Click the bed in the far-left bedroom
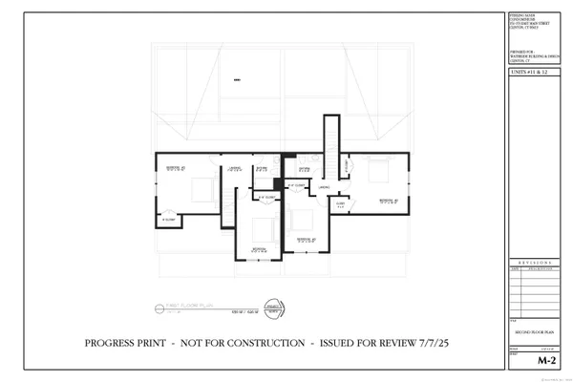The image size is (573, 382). tap(203, 191)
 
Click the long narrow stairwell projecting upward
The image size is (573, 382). tap(330, 143)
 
